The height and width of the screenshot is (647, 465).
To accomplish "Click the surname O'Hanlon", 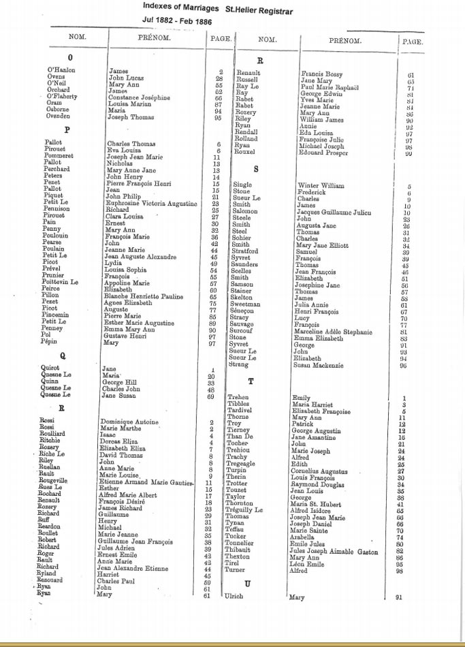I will click(61, 70).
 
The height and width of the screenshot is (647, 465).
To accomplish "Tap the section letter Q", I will click(63, 355).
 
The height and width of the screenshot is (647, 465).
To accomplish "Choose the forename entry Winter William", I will click(321, 185).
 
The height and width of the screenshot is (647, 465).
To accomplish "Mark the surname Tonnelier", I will click(240, 542).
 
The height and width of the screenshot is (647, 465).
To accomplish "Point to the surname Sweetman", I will click(245, 304).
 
